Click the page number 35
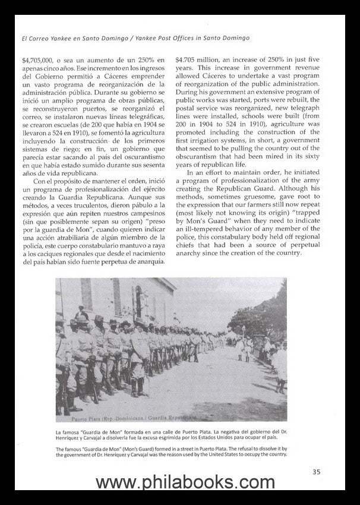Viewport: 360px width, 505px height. pyautogui.click(x=316, y=472)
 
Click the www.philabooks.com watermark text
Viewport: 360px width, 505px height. pyautogui.click(x=180, y=482)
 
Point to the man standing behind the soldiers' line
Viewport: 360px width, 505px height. pyautogui.click(x=81, y=313)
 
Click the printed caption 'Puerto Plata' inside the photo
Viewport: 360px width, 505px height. pyautogui.click(x=73, y=416)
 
